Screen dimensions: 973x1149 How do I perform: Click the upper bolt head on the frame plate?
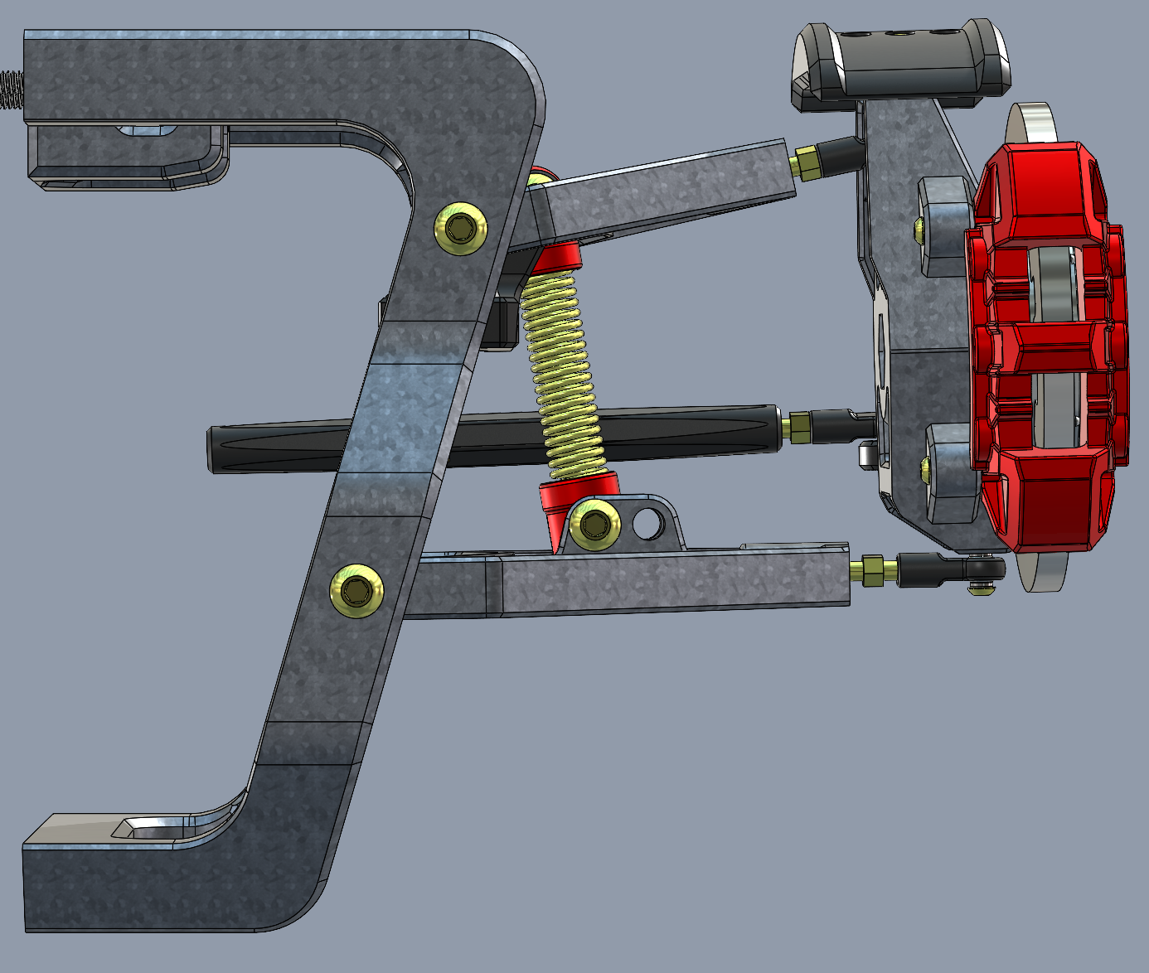point(460,226)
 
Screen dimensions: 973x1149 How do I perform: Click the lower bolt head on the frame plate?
point(356,591)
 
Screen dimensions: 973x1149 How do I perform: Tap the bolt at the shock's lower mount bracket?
point(595,524)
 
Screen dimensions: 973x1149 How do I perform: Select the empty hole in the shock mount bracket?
point(647,523)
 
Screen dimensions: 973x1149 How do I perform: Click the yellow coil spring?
point(564,373)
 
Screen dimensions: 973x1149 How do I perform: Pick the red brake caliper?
point(1049,348)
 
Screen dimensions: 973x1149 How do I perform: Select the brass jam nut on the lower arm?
point(873,570)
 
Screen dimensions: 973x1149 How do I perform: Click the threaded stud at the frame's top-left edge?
point(11,90)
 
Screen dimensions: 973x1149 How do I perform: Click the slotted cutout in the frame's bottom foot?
point(153,826)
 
